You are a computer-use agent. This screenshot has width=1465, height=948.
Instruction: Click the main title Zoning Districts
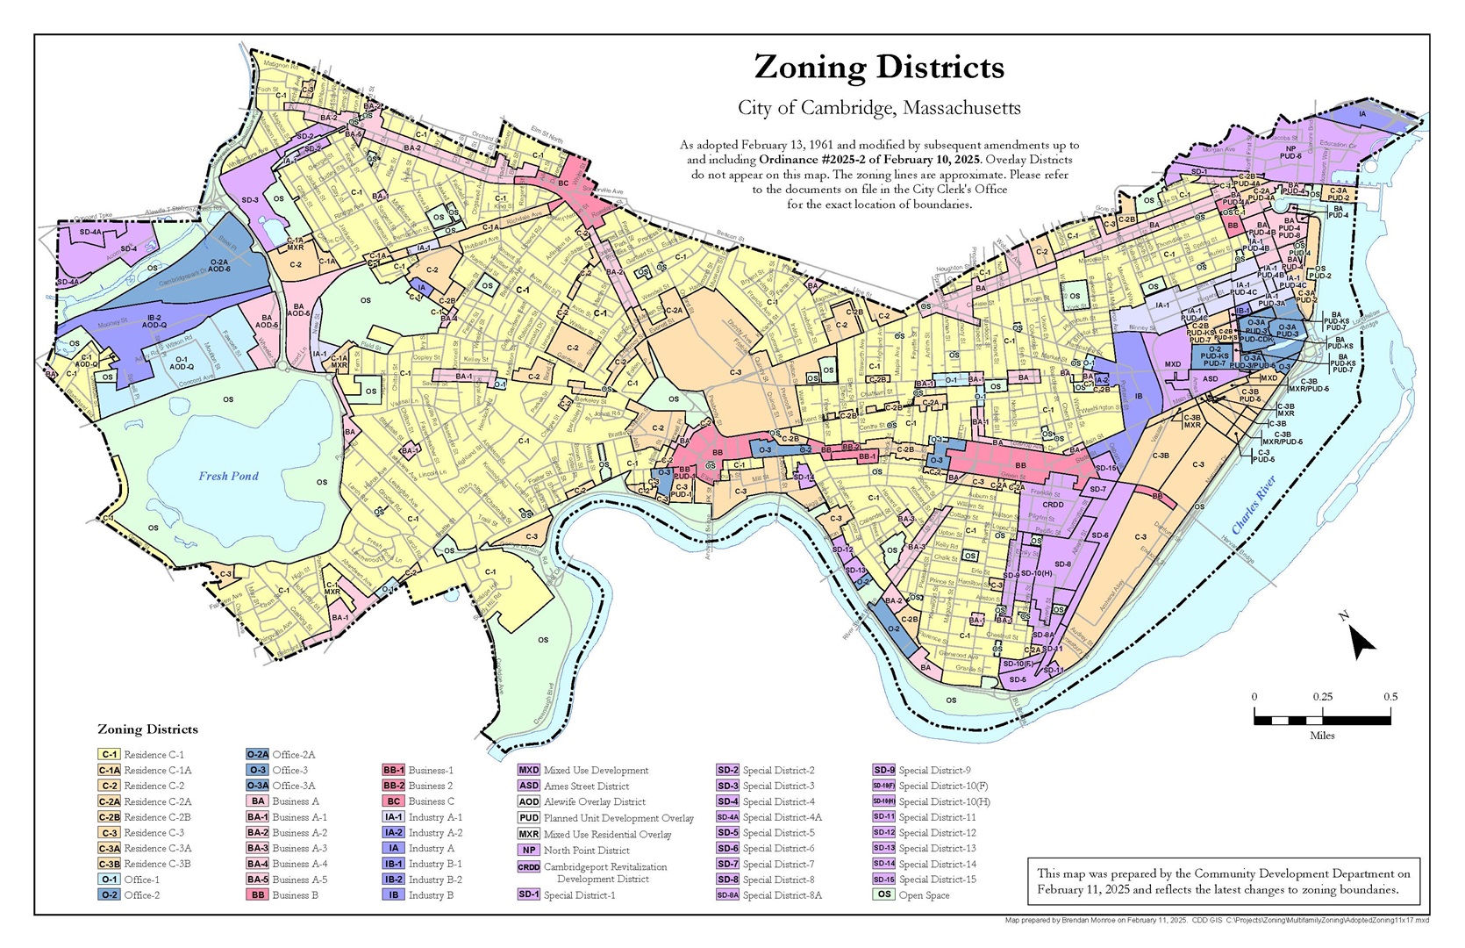tap(879, 68)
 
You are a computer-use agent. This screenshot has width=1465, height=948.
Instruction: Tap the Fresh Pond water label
tap(228, 476)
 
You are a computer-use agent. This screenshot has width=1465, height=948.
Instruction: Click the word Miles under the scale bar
tap(1322, 736)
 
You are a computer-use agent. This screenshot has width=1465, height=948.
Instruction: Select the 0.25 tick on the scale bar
tap(1322, 697)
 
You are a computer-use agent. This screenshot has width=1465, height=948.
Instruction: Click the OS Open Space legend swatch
tap(883, 895)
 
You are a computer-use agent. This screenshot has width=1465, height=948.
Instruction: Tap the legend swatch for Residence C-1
tap(109, 755)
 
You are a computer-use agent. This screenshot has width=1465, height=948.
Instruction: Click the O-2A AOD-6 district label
tap(219, 265)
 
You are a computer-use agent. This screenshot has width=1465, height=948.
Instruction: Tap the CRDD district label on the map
tap(1053, 505)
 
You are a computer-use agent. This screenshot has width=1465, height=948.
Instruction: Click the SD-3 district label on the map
tap(250, 200)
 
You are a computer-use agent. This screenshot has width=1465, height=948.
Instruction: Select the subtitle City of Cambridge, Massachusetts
tap(879, 108)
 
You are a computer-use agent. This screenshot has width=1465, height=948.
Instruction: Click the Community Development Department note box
tap(1223, 881)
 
